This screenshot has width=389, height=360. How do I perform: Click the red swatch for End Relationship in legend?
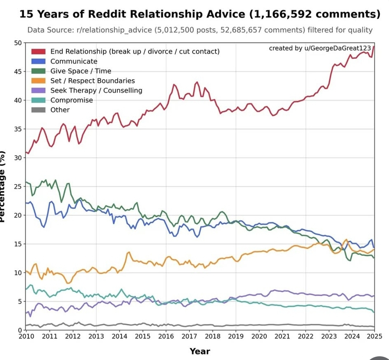(x=39, y=51)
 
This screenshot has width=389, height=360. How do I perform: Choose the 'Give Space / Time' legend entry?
(x=80, y=71)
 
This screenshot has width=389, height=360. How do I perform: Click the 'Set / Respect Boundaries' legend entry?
(x=92, y=81)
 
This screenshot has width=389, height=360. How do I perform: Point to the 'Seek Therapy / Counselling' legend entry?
(x=96, y=90)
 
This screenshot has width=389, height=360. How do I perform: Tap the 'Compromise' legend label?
(x=71, y=100)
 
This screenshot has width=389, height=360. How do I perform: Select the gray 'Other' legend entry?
(x=60, y=110)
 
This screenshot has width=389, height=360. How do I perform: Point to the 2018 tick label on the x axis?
(x=213, y=337)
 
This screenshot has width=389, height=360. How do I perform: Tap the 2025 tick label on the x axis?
(x=373, y=337)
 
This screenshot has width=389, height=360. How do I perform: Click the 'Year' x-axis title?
(x=200, y=351)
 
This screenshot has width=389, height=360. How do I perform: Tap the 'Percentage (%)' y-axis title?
(x=3, y=187)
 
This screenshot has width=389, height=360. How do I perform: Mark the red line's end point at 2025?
(x=374, y=47)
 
